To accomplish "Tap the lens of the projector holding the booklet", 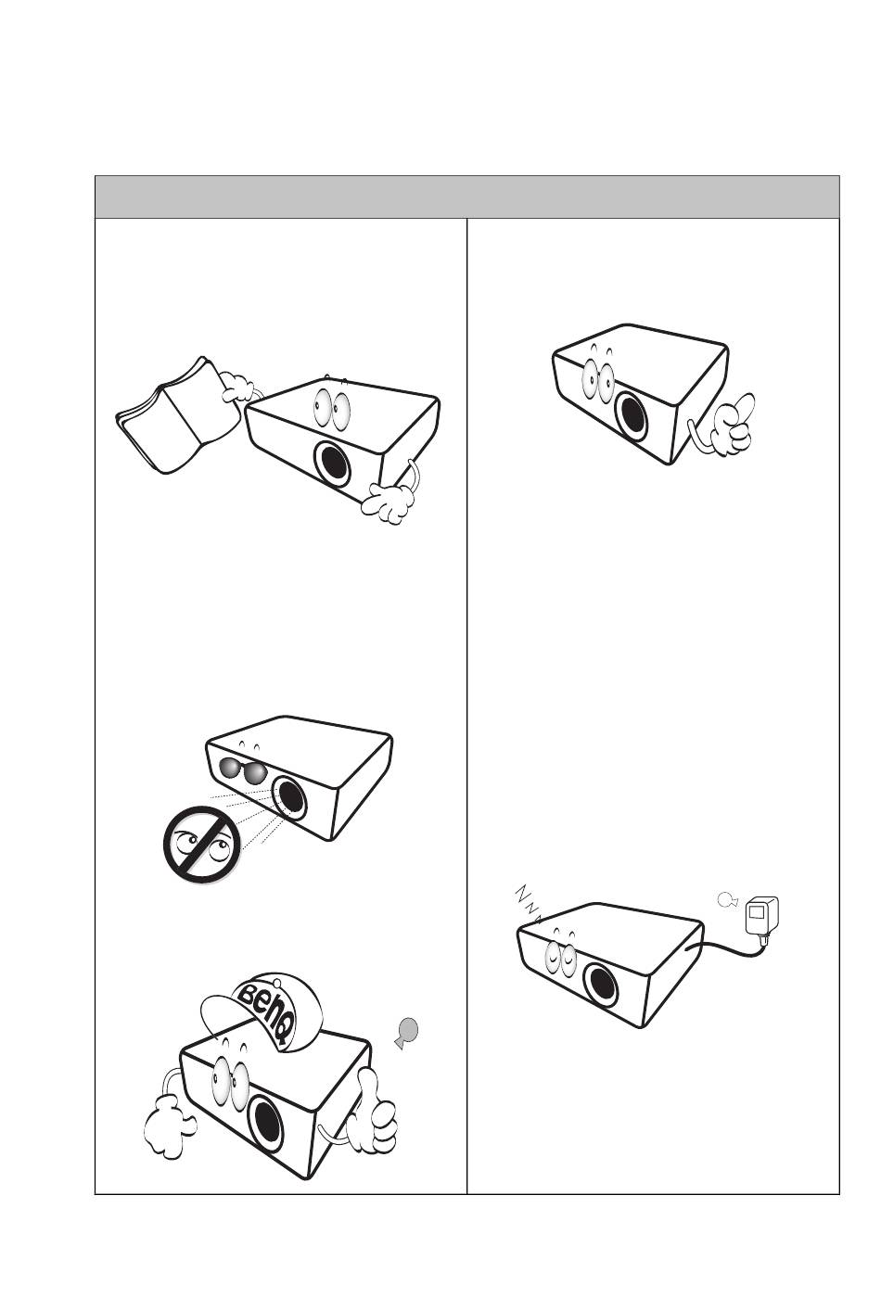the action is tap(333, 465).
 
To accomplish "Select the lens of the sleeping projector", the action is tap(600, 982).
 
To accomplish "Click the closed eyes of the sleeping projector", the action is tap(559, 959).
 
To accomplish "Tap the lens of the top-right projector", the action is tap(632, 413).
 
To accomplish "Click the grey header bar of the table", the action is tap(466, 197).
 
